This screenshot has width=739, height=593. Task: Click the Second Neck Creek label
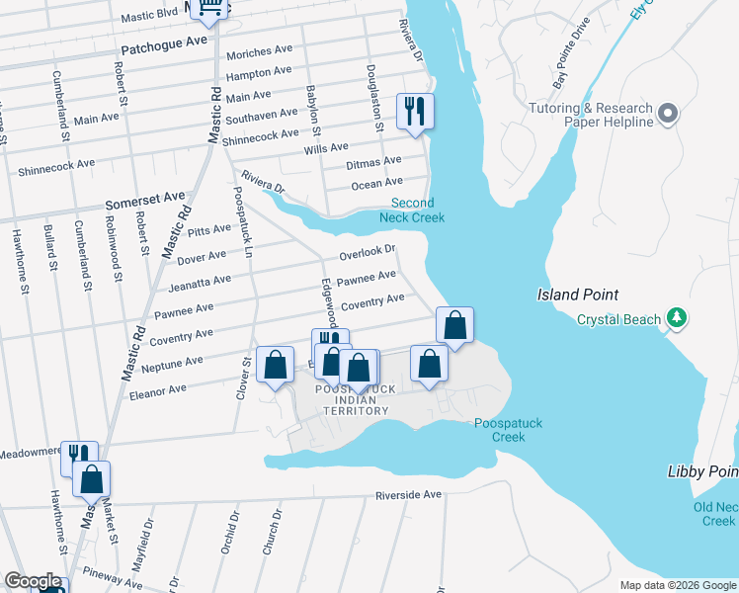[x=412, y=211]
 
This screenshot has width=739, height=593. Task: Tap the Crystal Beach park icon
[x=677, y=317]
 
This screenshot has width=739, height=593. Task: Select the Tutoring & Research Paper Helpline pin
[x=669, y=114]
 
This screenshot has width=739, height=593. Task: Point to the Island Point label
[x=578, y=295]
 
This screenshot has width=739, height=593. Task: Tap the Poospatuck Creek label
[x=508, y=430]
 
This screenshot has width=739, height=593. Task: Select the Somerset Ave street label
[x=146, y=199]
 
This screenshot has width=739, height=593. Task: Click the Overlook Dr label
[x=368, y=253]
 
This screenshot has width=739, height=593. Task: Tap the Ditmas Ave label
[x=373, y=161]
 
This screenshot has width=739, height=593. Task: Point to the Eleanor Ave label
[x=158, y=390]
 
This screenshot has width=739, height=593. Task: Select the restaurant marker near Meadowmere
[x=78, y=457]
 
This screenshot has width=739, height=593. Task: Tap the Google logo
[x=32, y=582]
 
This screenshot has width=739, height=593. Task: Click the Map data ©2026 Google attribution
[x=678, y=585]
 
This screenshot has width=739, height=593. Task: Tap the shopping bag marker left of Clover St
[x=275, y=365]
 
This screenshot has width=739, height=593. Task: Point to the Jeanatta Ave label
[x=200, y=283]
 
